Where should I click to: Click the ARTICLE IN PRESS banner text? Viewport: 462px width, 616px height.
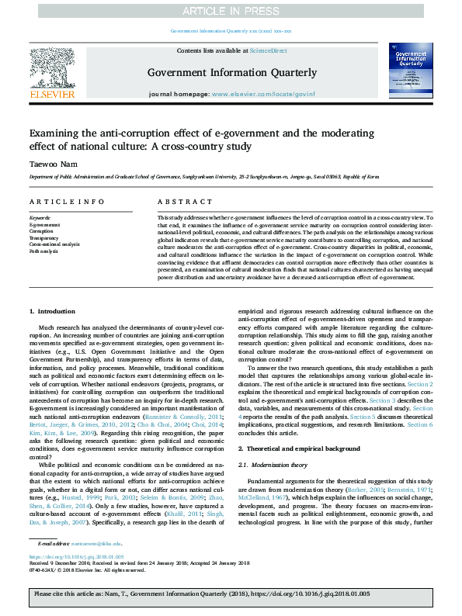231,10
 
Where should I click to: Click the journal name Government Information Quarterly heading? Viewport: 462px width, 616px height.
231,73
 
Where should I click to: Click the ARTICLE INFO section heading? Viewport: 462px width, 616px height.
57,202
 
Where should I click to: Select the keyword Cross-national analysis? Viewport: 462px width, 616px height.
54,244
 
